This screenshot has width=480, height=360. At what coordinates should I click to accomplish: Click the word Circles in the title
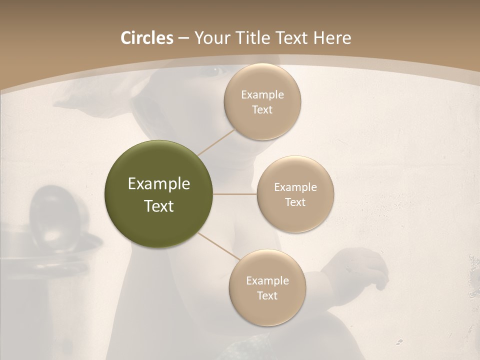146,38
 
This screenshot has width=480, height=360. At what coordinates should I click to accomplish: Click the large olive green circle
158,194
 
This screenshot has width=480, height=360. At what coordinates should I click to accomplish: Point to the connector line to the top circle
217,142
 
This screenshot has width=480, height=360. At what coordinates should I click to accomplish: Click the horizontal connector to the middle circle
235,194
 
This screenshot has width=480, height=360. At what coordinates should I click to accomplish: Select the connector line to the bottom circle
219,246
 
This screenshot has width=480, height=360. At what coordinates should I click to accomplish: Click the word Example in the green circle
158,184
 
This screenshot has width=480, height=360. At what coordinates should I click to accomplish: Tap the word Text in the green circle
158,206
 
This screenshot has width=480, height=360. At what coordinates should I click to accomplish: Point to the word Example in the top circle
262,95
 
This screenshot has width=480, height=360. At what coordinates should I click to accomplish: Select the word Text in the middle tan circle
295,202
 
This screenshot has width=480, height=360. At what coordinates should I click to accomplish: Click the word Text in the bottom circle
267,295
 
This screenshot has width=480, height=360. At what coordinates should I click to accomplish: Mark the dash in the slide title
183,38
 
